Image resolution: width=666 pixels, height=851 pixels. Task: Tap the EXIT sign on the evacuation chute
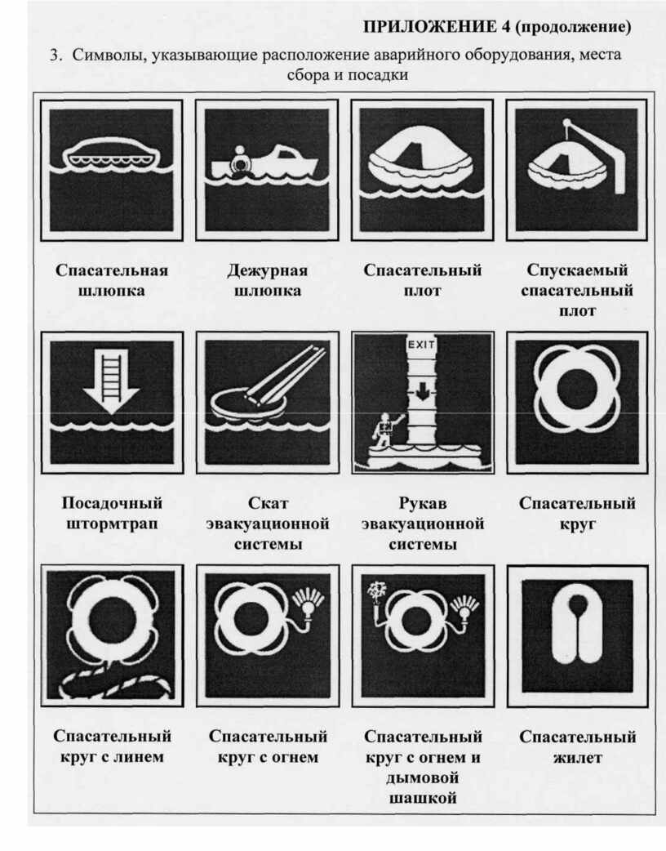point(421,344)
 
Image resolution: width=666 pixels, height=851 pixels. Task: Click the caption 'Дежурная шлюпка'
point(268,280)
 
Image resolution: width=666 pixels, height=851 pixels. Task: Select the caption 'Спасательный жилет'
point(578,746)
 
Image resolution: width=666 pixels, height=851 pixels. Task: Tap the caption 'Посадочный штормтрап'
point(112,513)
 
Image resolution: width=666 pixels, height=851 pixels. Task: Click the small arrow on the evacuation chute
point(421,390)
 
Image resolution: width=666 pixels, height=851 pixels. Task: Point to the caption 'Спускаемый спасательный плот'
point(577,291)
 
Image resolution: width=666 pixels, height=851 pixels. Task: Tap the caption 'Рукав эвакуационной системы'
point(423,524)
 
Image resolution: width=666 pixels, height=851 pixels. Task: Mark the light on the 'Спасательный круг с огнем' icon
point(309,604)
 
